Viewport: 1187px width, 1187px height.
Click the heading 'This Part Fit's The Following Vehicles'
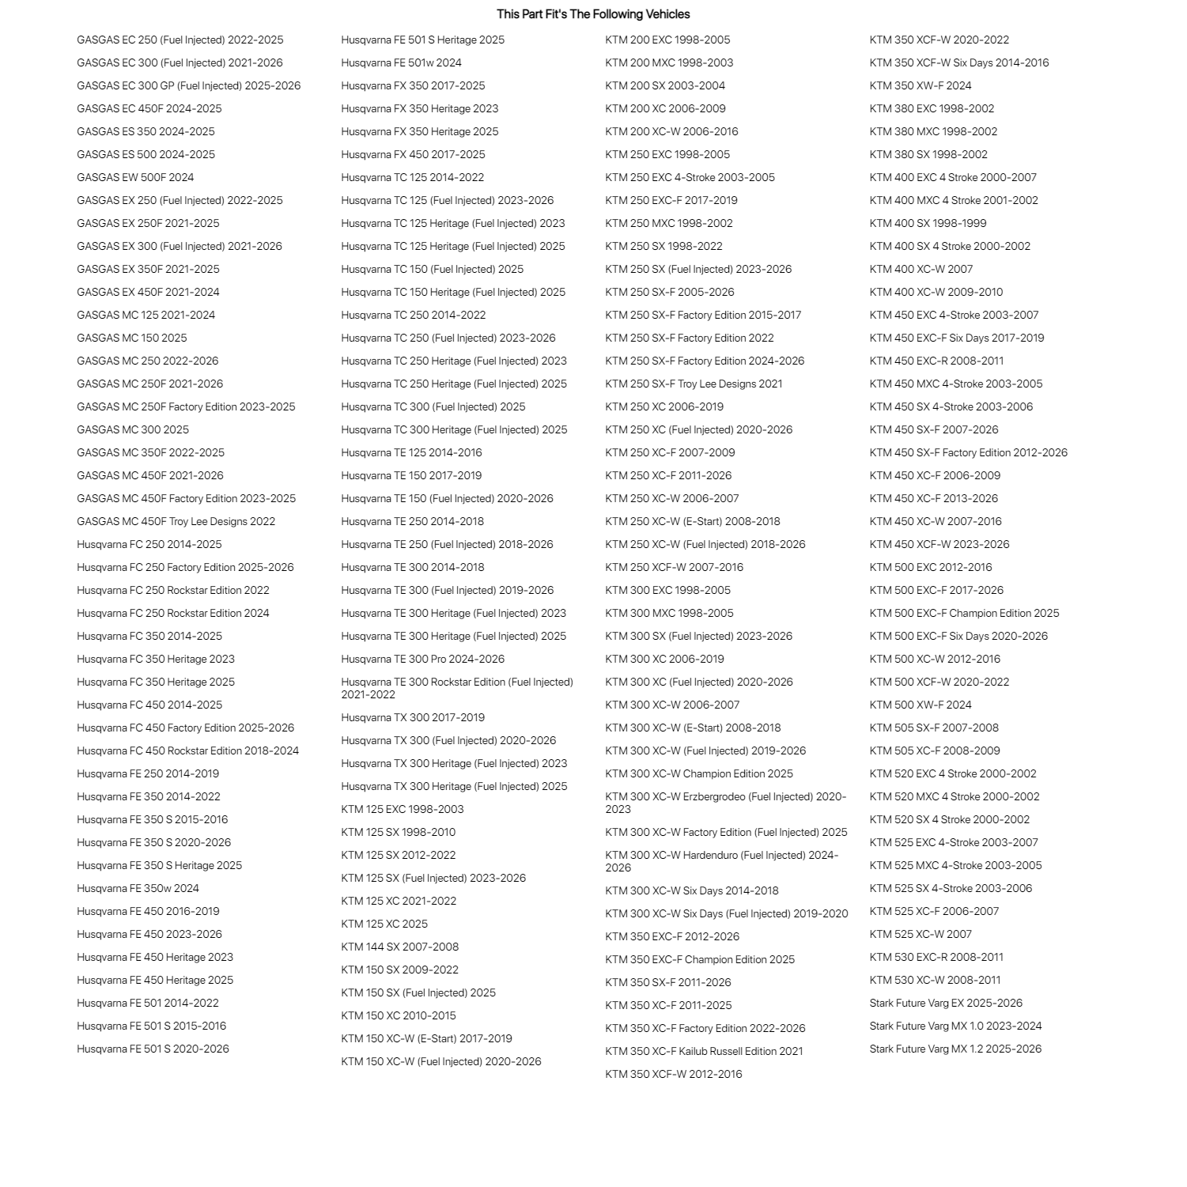pyautogui.click(x=593, y=14)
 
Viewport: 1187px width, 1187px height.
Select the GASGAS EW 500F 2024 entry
pyautogui.click(x=135, y=177)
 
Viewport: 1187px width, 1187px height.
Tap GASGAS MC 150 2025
pyautogui.click(x=132, y=338)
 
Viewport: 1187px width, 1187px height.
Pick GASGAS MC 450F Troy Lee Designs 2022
pyautogui.click(x=176, y=521)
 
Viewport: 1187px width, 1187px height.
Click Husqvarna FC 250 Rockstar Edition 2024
pyautogui.click(x=173, y=613)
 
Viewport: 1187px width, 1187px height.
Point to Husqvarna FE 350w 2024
pyautogui.click(x=138, y=888)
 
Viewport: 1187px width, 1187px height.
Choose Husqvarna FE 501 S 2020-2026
pyautogui.click(x=153, y=1049)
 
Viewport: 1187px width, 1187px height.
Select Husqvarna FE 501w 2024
pyautogui.click(x=402, y=62)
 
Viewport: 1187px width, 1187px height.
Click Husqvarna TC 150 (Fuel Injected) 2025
pyautogui.click(x=433, y=269)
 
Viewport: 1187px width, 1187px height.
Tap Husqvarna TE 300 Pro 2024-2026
pyautogui.click(x=423, y=659)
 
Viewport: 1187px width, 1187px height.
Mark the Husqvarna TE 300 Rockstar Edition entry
pyautogui.click(x=457, y=688)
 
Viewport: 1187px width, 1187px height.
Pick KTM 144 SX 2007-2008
pyautogui.click(x=400, y=947)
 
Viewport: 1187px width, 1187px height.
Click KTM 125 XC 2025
pyautogui.click(x=384, y=924)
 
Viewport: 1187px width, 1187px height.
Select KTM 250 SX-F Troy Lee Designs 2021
pyautogui.click(x=694, y=384)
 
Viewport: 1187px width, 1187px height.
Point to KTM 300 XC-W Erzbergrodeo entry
pyautogui.click(x=726, y=803)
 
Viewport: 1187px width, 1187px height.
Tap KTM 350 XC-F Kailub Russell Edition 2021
pyautogui.click(x=705, y=1051)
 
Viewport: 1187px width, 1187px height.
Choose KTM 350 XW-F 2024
pyautogui.click(x=921, y=85)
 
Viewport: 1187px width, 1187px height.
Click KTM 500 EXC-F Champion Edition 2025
pyautogui.click(x=965, y=613)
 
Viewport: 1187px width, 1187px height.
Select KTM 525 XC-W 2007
pyautogui.click(x=921, y=934)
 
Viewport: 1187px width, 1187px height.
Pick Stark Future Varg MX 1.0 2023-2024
pyautogui.click(x=956, y=1026)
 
